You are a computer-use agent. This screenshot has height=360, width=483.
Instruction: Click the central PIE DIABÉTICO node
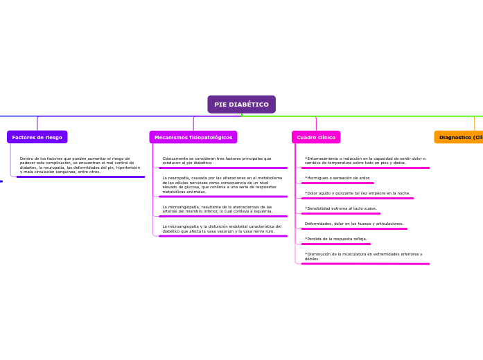(241, 105)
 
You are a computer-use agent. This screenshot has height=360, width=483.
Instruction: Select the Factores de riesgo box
(37, 137)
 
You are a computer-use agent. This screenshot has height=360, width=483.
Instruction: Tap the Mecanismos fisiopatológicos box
(193, 137)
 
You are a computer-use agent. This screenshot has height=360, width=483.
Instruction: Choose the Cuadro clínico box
(316, 137)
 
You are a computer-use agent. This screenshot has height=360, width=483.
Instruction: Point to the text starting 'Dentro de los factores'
(80, 165)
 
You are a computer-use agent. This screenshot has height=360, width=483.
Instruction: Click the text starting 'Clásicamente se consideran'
(217, 161)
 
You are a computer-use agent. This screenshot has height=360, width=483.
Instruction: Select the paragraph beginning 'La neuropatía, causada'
(222, 185)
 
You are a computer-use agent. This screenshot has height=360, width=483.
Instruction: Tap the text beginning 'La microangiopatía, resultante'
(218, 209)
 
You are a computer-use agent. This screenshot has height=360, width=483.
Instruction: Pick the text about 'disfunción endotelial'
(222, 228)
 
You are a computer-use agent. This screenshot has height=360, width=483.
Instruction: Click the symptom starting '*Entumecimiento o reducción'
(365, 161)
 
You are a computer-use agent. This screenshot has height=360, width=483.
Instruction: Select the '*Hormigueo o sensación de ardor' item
(337, 178)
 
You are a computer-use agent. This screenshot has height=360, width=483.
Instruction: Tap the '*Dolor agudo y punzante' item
(358, 193)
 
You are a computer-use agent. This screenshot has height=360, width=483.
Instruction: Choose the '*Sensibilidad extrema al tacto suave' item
(341, 208)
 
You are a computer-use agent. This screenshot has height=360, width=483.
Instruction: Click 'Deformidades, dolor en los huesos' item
(354, 224)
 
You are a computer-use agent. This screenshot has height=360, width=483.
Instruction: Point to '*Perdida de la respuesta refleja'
(336, 239)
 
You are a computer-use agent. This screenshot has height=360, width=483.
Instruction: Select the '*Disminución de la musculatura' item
(363, 256)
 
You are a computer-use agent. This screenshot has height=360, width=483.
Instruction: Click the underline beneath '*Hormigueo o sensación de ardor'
(337, 183)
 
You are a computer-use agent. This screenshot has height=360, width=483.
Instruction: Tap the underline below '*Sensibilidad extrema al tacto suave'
(341, 213)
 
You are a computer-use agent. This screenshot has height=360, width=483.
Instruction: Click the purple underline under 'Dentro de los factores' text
(80, 177)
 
